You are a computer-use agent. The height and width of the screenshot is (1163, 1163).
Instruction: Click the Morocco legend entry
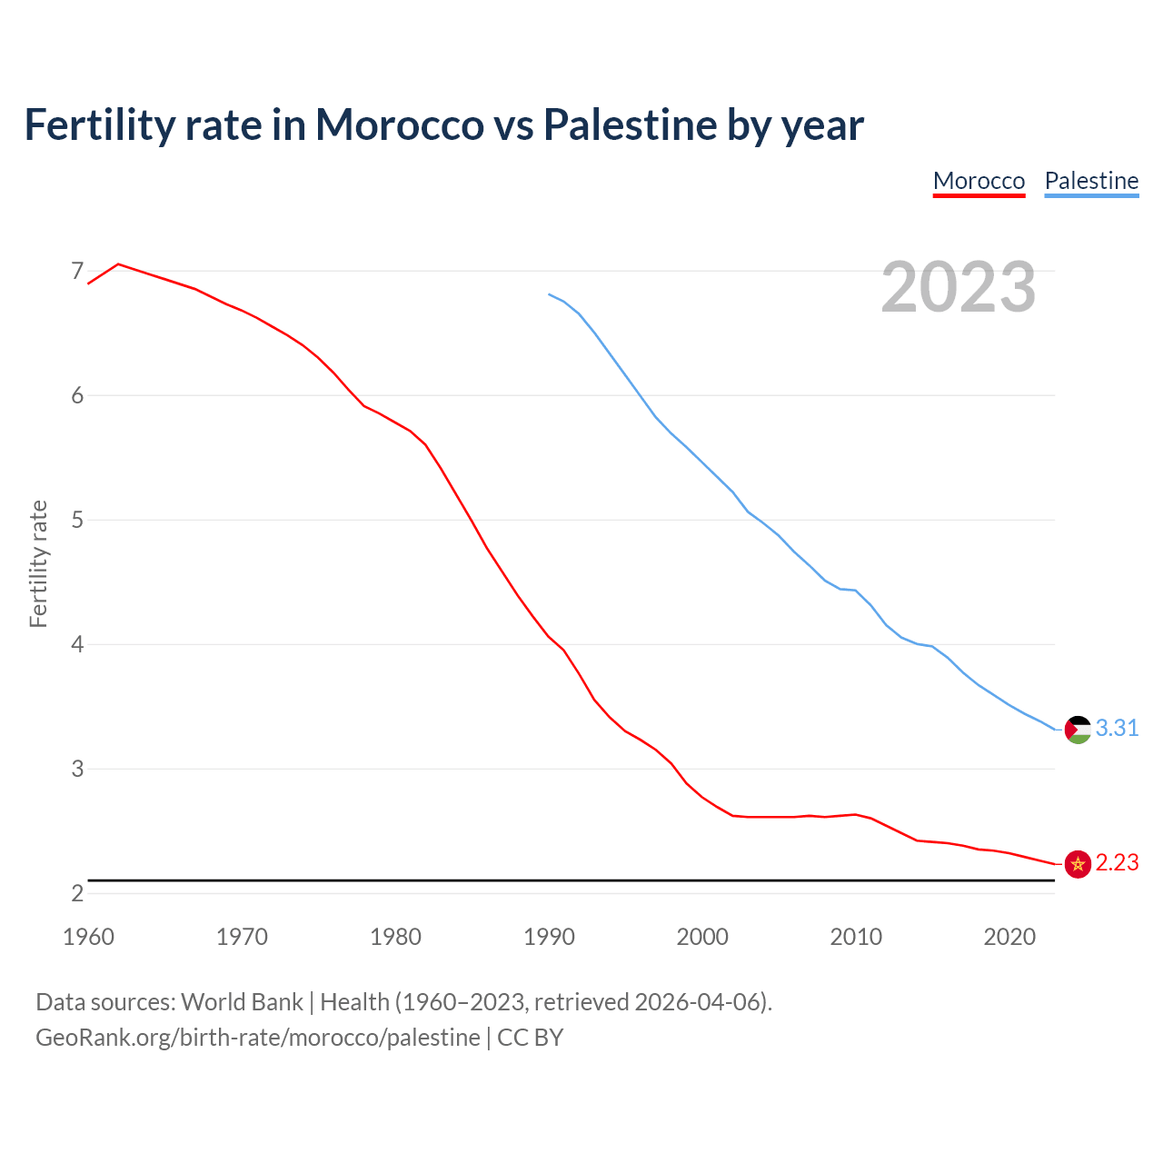coord(979,181)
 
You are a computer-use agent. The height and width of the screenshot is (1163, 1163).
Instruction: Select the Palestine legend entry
coord(1091,181)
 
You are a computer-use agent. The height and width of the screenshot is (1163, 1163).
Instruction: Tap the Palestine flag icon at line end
coord(1078,730)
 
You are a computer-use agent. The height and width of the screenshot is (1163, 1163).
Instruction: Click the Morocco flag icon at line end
coord(1078,864)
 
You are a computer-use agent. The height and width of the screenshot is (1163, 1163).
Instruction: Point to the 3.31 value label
coord(1117,729)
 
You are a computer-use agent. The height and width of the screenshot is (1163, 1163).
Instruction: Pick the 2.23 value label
coord(1117,863)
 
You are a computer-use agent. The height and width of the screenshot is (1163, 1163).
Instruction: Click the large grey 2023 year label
coord(958,287)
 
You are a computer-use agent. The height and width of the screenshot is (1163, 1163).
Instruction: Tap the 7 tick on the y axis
coord(77,271)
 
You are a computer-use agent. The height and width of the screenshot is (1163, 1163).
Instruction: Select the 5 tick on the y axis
coord(77,520)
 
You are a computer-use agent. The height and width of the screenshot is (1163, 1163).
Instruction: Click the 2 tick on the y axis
coord(77,893)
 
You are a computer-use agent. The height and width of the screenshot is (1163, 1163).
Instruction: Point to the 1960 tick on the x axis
coord(88,937)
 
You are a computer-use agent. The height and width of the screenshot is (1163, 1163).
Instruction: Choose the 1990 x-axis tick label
coord(549,937)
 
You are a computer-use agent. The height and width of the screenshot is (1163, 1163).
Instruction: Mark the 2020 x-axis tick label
coord(1009,937)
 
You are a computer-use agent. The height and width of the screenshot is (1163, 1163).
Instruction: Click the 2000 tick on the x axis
coord(702,937)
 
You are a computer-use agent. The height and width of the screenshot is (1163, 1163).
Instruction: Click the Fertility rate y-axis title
coord(38,563)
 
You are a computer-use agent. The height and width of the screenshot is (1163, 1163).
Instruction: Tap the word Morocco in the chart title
coord(399,124)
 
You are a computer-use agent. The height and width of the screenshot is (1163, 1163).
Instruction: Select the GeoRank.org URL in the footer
coord(258,1038)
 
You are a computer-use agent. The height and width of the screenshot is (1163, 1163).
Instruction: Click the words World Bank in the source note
coord(242,1002)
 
